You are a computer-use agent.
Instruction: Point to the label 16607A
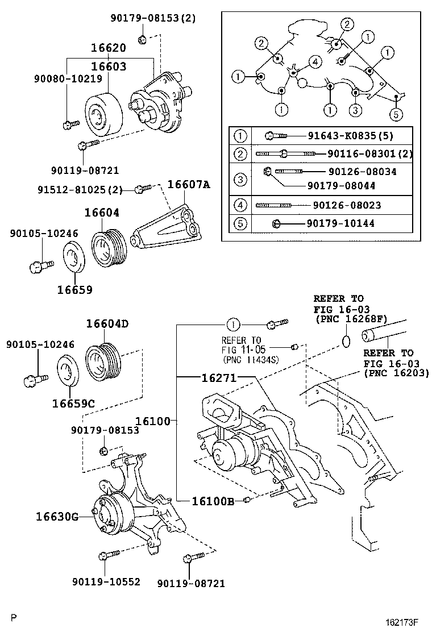coord(188,184)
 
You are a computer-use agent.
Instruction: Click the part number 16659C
coord(73,404)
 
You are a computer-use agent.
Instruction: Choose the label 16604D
coord(107,324)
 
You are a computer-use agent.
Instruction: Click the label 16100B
coord(213,501)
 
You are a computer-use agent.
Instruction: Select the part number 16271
coord(218,377)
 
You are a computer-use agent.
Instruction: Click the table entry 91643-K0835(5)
coord(350,136)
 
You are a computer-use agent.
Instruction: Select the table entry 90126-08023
coord(347,205)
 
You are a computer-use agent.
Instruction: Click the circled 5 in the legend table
coord(240,223)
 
